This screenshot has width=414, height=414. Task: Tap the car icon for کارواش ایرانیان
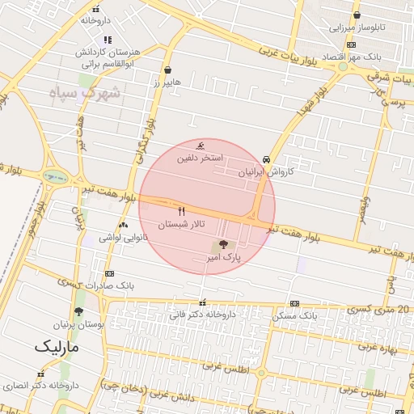pyautogui.click(x=267, y=159)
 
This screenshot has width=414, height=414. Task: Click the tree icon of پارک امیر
pyautogui.click(x=222, y=245)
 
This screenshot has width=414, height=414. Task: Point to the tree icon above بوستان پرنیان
pyautogui.click(x=78, y=311)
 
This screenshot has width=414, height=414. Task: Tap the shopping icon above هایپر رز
pyautogui.click(x=167, y=70)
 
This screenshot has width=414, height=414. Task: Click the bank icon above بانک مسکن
pyautogui.click(x=294, y=303)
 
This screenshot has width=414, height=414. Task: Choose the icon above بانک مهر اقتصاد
pyautogui.click(x=350, y=46)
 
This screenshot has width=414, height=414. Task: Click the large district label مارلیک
pyautogui.click(x=58, y=347)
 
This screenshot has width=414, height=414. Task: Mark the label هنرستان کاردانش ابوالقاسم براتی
pyautogui.click(x=108, y=57)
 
